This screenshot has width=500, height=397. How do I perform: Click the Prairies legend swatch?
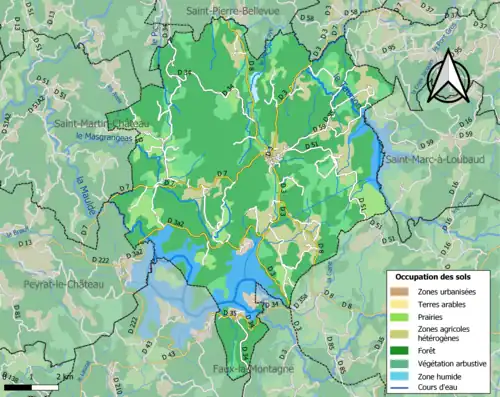coord(401,317)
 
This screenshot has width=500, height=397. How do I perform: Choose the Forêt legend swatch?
coord(401,350)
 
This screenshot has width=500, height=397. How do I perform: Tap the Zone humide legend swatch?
coord(401,376)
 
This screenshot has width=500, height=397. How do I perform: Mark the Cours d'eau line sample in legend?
coord(401,388)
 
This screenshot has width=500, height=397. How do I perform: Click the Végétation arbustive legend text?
coord(452,363)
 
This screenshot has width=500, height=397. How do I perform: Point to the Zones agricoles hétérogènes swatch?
coord(401,334)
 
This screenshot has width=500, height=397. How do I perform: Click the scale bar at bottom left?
coord(30,385)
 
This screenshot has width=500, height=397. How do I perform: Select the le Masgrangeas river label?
coord(108,136)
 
